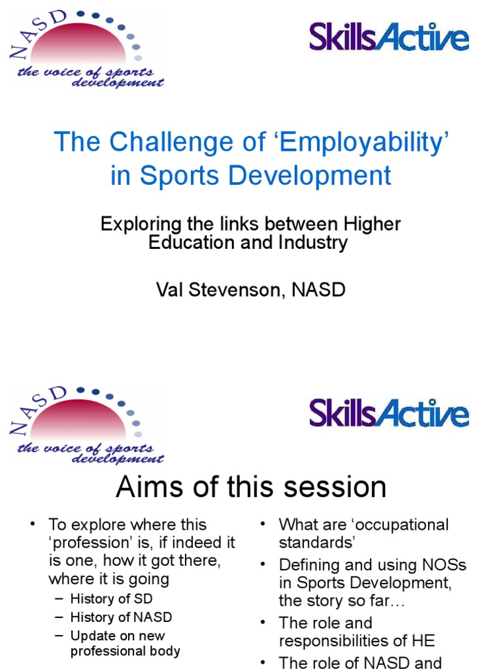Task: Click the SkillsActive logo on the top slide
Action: tap(389, 37)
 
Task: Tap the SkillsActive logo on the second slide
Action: tap(389, 413)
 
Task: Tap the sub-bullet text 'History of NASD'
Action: tap(121, 616)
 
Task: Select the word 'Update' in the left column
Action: tap(91, 635)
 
